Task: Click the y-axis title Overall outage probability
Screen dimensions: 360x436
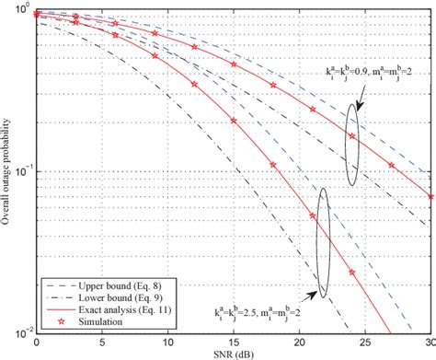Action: (8, 171)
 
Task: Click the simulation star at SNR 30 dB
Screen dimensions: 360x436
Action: (431, 196)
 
